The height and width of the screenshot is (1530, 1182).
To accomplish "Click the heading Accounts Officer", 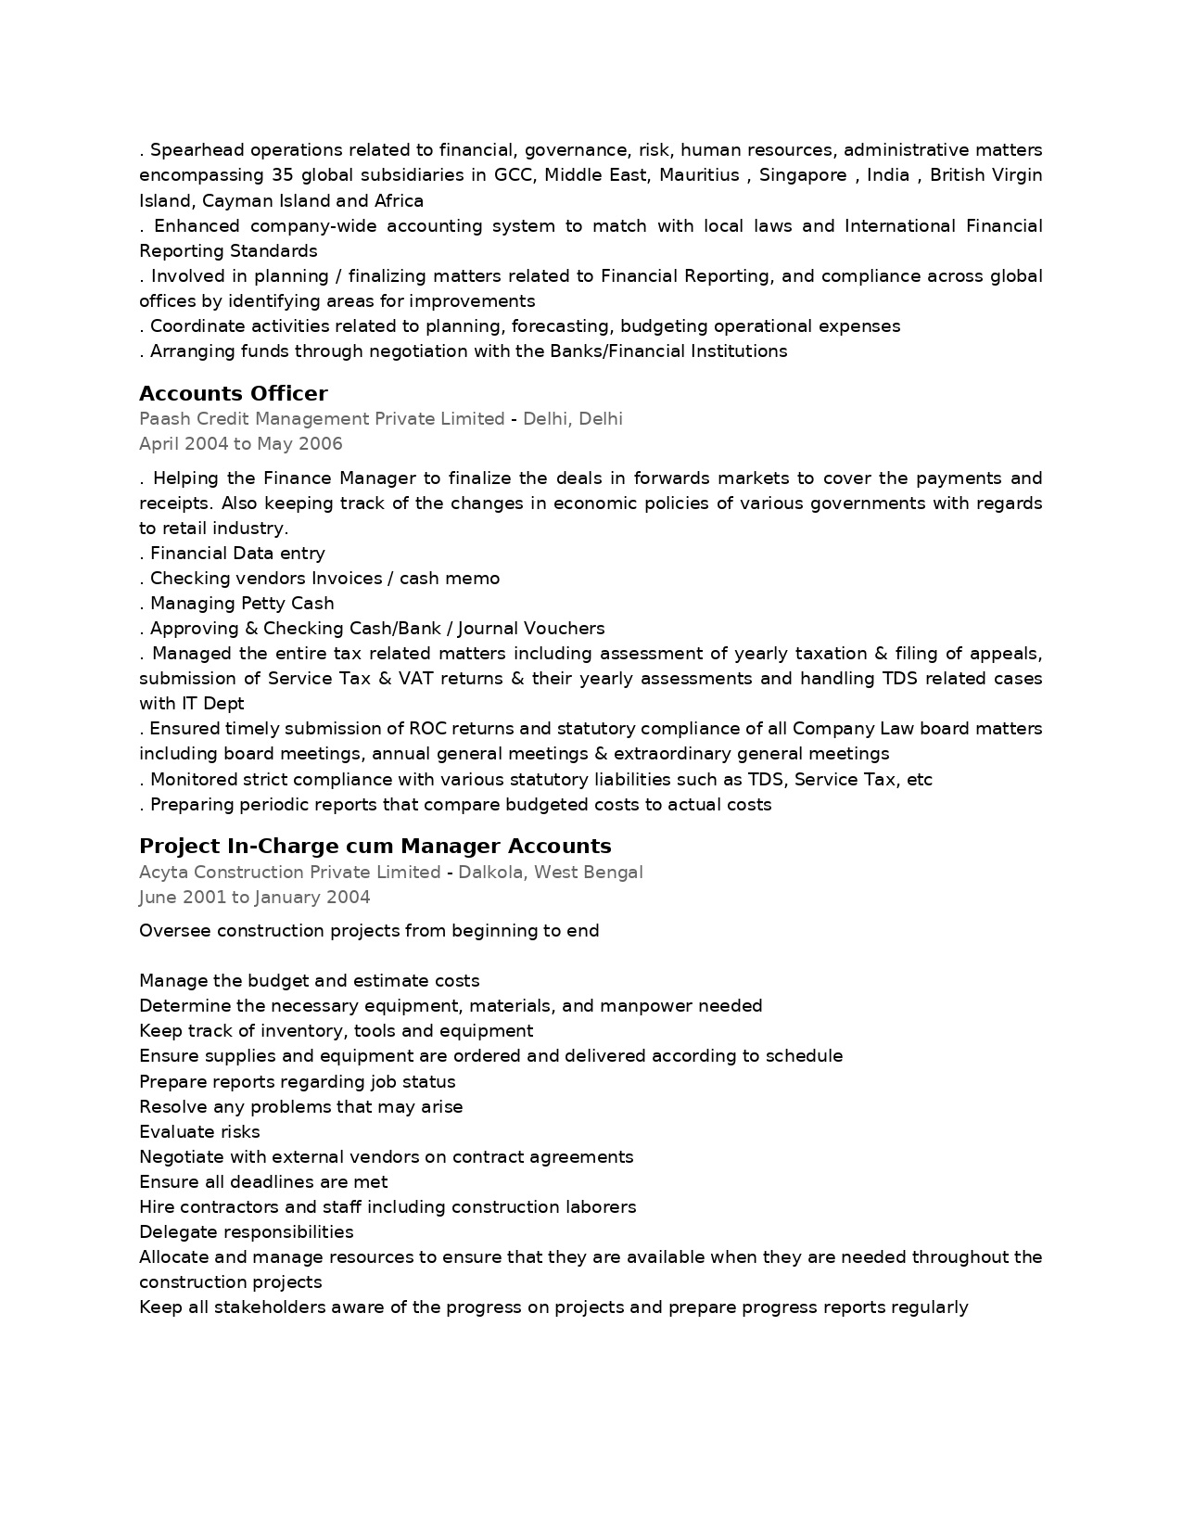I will [x=233, y=393].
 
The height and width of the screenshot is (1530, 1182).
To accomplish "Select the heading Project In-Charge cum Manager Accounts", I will [x=375, y=846].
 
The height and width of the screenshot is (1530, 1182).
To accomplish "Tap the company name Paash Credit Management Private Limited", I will [x=322, y=419].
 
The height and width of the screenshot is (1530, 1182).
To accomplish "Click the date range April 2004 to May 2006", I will [x=240, y=444].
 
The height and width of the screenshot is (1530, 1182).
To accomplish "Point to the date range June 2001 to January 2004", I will [x=254, y=898].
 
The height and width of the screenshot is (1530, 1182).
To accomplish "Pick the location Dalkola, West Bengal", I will [x=550, y=873].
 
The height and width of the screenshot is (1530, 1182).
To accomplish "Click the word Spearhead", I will [x=195, y=150].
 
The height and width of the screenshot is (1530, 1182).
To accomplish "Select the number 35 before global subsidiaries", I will [x=282, y=175].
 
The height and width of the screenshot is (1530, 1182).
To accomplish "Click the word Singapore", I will [x=802, y=175].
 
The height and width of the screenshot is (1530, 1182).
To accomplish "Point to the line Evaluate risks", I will [x=199, y=1132].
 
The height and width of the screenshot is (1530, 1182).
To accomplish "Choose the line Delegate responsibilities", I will [x=246, y=1232].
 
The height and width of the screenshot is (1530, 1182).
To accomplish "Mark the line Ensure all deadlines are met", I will [x=263, y=1182].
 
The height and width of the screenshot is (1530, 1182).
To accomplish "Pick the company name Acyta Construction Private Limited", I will [x=289, y=873].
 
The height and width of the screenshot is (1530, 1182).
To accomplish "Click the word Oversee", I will [x=174, y=931].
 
